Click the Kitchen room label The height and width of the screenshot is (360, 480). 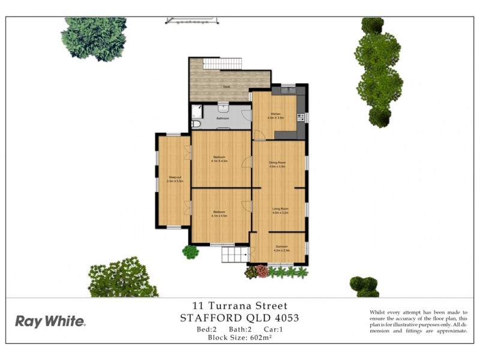275,113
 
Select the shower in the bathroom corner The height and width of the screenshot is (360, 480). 197,111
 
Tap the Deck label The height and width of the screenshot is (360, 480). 227,88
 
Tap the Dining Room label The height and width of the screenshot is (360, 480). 277,163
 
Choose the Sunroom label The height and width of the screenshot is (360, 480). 282,247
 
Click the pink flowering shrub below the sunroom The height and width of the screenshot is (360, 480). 262,271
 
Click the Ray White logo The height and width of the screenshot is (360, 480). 50,321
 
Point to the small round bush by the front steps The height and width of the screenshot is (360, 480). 191,251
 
